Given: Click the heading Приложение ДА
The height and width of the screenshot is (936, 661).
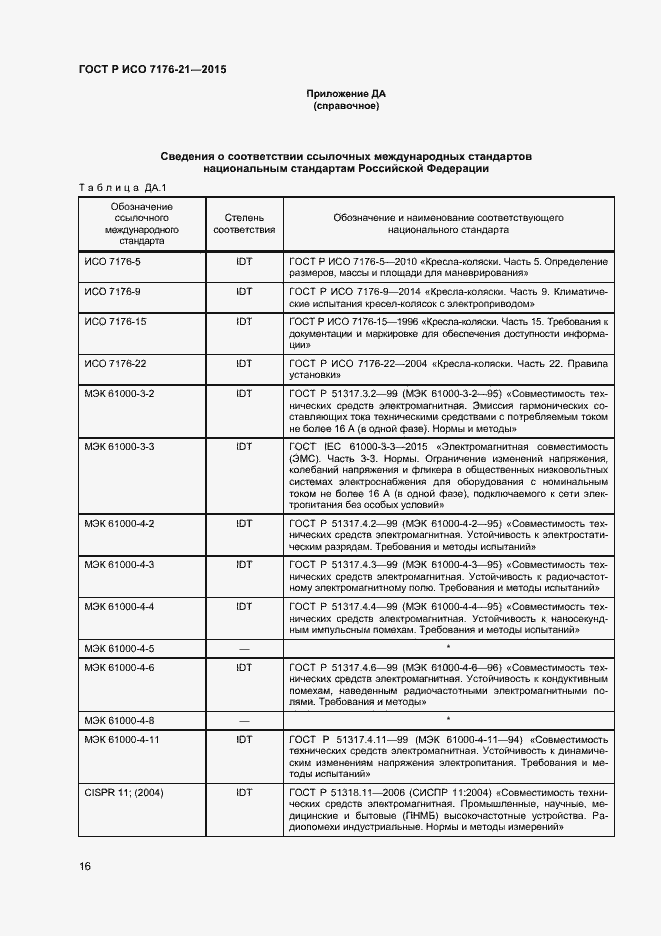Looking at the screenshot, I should pyautogui.click(x=345, y=94).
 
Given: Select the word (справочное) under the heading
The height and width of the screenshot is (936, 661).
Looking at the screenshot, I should pyautogui.click(x=345, y=106).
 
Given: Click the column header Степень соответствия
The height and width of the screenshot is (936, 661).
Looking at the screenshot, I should pyautogui.click(x=244, y=223).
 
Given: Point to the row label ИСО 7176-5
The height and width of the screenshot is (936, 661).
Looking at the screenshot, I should pyautogui.click(x=112, y=261).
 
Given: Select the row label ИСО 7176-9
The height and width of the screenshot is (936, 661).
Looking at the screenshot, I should pyautogui.click(x=112, y=291).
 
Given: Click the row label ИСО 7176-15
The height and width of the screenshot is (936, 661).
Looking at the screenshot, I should pyautogui.click(x=115, y=322).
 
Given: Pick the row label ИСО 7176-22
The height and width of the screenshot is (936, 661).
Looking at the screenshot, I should pyautogui.click(x=115, y=363).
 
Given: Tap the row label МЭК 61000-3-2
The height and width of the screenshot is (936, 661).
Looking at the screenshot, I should pyautogui.click(x=119, y=394).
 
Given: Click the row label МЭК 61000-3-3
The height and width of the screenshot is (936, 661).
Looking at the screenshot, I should pyautogui.click(x=119, y=446).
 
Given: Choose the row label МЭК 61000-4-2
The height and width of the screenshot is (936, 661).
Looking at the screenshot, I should pyautogui.click(x=119, y=523).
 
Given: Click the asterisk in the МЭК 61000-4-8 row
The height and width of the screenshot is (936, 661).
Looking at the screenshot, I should pyautogui.click(x=448, y=719).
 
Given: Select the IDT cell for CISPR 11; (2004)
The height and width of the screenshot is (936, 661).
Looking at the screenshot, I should pyautogui.click(x=244, y=791).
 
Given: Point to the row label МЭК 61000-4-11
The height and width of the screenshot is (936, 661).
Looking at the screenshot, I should pyautogui.click(x=122, y=739).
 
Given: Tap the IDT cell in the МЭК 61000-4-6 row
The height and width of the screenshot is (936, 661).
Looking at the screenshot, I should pyautogui.click(x=244, y=667).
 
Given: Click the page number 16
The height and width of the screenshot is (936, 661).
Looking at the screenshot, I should pyautogui.click(x=85, y=866).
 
